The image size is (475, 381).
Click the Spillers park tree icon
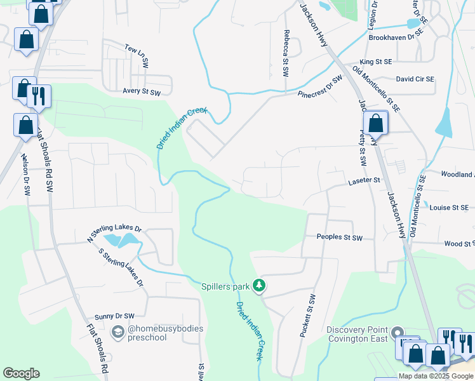[x=259, y=286]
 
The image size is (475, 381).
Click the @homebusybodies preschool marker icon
[x=117, y=332]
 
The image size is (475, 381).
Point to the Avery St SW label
[x=142, y=93]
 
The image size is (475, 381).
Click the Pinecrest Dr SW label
[x=320, y=86]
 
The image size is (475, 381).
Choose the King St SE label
[x=376, y=62]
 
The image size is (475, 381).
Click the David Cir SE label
[x=415, y=79]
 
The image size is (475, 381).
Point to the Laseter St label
[x=363, y=181]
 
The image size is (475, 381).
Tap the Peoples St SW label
[x=339, y=237]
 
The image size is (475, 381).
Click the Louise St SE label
[x=449, y=208]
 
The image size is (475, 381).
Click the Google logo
[x=21, y=373]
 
